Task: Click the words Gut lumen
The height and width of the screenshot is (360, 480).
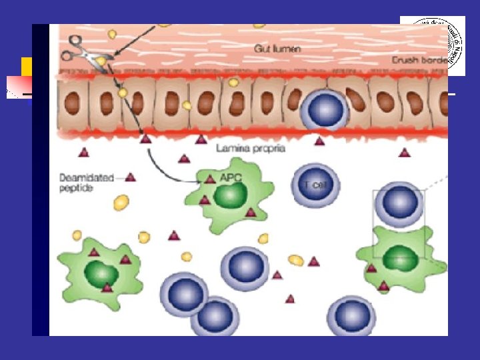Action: tap(277, 49)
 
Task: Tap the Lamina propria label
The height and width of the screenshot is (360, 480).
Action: tap(251, 148)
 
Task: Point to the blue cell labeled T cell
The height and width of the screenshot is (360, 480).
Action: tap(315, 185)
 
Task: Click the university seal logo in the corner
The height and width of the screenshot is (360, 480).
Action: tap(437, 44)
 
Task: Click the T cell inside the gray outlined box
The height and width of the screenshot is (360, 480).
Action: tap(399, 205)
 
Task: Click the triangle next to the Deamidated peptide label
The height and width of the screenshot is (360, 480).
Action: tap(131, 177)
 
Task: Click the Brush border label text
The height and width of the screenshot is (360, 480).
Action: tap(419, 60)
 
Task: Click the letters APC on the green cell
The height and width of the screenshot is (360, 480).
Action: tap(229, 178)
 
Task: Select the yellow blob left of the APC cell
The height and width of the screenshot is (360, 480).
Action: tap(121, 202)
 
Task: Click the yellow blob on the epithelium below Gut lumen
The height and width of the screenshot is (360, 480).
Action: tap(233, 82)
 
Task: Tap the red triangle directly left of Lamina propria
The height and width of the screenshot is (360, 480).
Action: tap(201, 139)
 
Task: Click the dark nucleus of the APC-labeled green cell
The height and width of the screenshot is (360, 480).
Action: tap(231, 197)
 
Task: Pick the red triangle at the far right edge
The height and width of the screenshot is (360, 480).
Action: tap(404, 153)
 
